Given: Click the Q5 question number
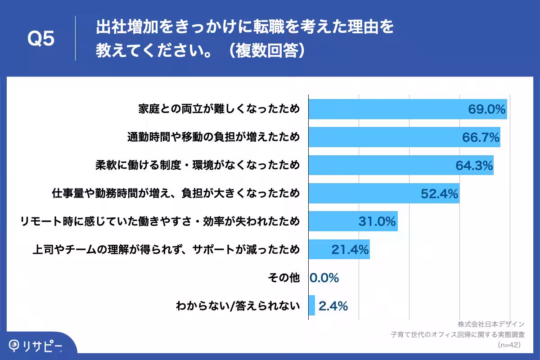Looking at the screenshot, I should [41, 39].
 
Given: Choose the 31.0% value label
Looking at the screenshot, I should [377, 221].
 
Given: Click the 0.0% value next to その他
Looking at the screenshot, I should [324, 278].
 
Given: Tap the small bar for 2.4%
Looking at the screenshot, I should [312, 306].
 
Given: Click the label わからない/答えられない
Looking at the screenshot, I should [238, 306].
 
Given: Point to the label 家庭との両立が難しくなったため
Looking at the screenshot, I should [219, 109].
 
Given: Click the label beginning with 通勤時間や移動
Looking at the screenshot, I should [213, 138].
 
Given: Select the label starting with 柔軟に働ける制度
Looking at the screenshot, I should [197, 166].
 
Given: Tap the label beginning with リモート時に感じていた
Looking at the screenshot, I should [160, 221].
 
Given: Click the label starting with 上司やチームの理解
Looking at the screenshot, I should [166, 250].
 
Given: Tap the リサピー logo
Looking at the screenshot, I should [36, 345].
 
